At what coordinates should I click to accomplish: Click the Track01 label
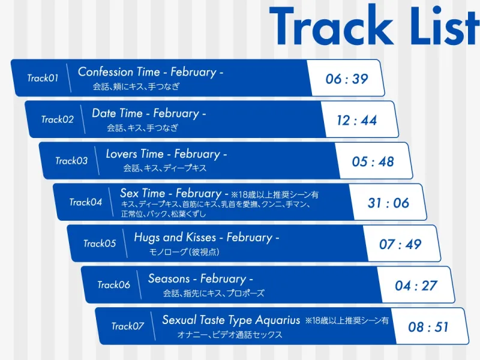pyautogui.click(x=43, y=78)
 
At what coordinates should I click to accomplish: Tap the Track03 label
pyautogui.click(x=71, y=161)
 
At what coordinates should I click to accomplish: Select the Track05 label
pyautogui.click(x=100, y=244)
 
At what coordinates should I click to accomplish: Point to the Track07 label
pyautogui.click(x=128, y=326)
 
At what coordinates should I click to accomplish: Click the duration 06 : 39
pyautogui.click(x=347, y=79)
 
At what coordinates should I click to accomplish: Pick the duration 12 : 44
pyautogui.click(x=356, y=120)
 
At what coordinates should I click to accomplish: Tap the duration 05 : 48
pyautogui.click(x=373, y=161)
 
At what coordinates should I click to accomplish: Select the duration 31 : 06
pyautogui.click(x=388, y=203)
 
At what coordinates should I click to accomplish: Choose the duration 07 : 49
pyautogui.click(x=400, y=244)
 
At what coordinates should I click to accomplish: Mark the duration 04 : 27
pyautogui.click(x=416, y=286)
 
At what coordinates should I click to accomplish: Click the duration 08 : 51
pyautogui.click(x=428, y=327)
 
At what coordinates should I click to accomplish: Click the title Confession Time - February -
pyautogui.click(x=151, y=72)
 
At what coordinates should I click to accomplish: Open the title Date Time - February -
pyautogui.click(x=149, y=113)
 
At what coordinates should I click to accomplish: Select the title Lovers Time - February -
pyautogui.click(x=166, y=154)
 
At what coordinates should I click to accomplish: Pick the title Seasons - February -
pyautogui.click(x=200, y=279)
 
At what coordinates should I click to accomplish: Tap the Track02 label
pyautogui.click(x=57, y=119)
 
